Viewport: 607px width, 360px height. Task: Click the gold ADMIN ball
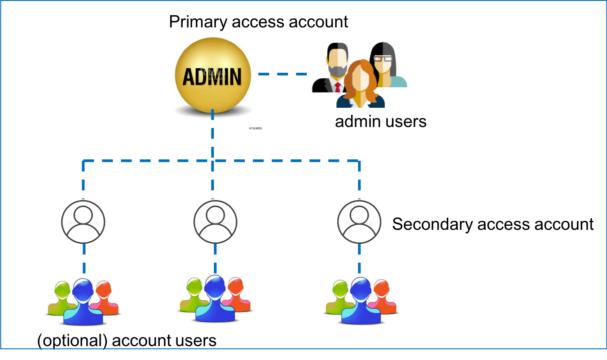point(212,75)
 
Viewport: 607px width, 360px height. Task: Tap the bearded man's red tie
point(338,87)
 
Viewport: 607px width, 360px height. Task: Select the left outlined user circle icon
point(83,222)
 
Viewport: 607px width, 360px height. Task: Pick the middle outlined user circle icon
point(216,222)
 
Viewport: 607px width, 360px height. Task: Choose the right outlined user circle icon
point(359,222)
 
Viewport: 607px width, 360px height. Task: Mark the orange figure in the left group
point(105,296)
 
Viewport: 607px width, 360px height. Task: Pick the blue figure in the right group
point(361,301)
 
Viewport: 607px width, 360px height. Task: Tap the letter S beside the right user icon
point(396,224)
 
